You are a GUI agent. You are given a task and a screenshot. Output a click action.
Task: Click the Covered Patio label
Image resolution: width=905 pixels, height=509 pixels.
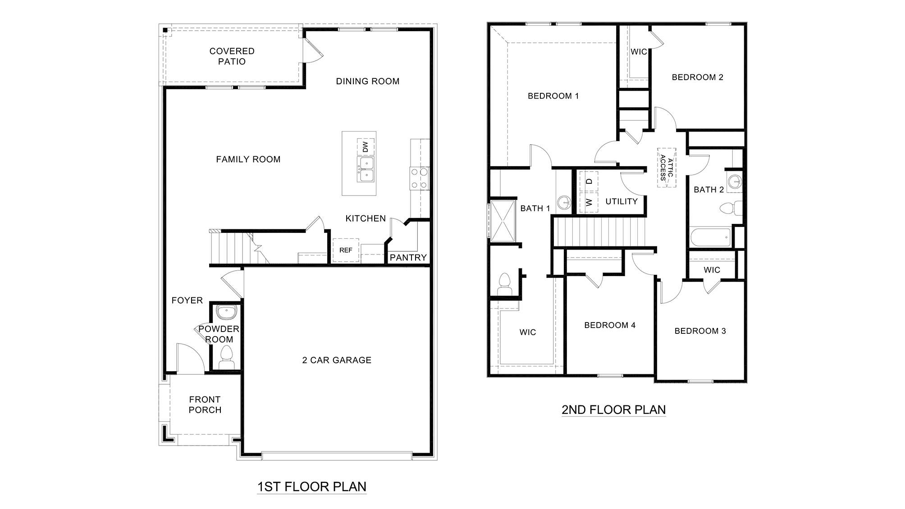click(x=232, y=56)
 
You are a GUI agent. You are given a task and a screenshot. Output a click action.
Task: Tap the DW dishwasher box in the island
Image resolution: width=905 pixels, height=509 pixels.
click(x=366, y=147)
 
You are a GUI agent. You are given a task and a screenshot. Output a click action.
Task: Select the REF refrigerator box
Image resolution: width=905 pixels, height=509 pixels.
click(x=346, y=250)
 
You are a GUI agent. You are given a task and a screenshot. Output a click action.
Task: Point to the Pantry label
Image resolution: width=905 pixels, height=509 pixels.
click(x=408, y=258)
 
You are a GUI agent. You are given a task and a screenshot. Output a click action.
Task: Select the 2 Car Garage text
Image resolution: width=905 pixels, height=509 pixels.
click(x=337, y=360)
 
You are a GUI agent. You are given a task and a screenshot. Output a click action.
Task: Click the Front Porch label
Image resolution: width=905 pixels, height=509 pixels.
click(x=205, y=404)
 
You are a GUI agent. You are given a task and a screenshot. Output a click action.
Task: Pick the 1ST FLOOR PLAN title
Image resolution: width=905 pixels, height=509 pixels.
click(x=311, y=486)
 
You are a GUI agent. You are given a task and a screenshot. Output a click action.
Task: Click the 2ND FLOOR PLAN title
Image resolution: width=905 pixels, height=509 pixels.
click(x=613, y=409)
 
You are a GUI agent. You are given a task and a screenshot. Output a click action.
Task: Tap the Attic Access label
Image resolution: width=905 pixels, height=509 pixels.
click(x=667, y=168)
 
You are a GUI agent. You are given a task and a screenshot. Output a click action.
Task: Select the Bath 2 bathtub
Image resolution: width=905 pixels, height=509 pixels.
click(x=710, y=237)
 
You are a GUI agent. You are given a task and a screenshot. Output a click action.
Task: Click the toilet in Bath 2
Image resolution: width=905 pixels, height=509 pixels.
click(x=730, y=209)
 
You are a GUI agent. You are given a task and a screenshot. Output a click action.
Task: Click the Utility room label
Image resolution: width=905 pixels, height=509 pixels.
click(x=621, y=201)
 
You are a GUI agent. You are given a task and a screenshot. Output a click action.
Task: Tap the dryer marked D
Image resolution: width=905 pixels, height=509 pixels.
click(x=588, y=181)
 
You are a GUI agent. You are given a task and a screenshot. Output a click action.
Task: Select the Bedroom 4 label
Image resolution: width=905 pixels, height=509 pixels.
click(x=609, y=325)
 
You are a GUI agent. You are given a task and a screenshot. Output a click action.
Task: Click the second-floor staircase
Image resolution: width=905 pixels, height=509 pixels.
click(x=599, y=232)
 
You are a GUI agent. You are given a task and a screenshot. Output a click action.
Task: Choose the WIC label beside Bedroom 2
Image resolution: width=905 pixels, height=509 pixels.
click(x=638, y=52)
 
